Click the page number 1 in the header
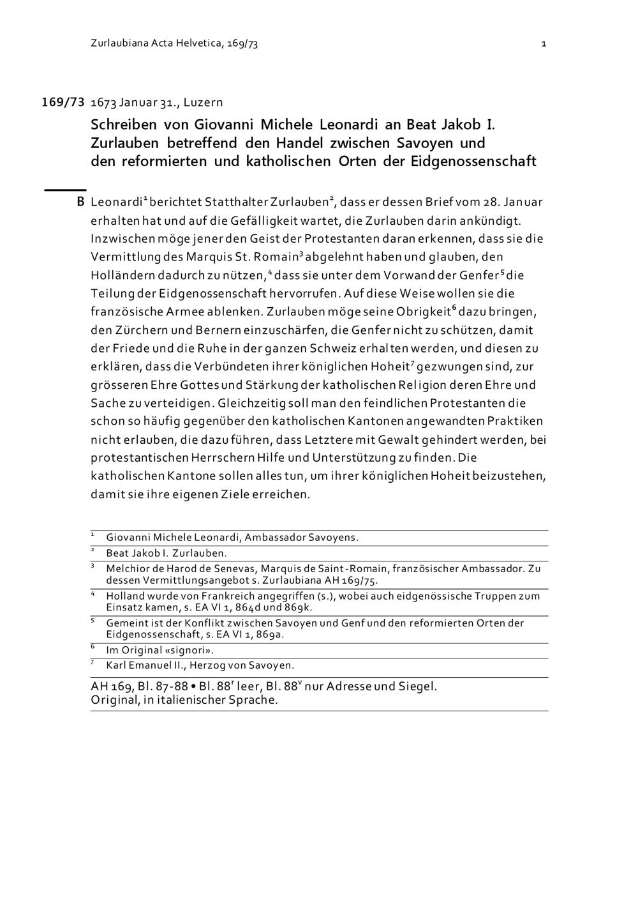(543, 44)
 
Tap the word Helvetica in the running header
(195, 43)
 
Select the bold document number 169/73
(63, 102)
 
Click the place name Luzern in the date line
(204, 102)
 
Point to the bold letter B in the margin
(80, 202)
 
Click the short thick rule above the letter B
(64, 190)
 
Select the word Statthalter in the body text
(235, 202)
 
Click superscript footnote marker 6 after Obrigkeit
(454, 308)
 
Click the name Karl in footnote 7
(116, 665)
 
